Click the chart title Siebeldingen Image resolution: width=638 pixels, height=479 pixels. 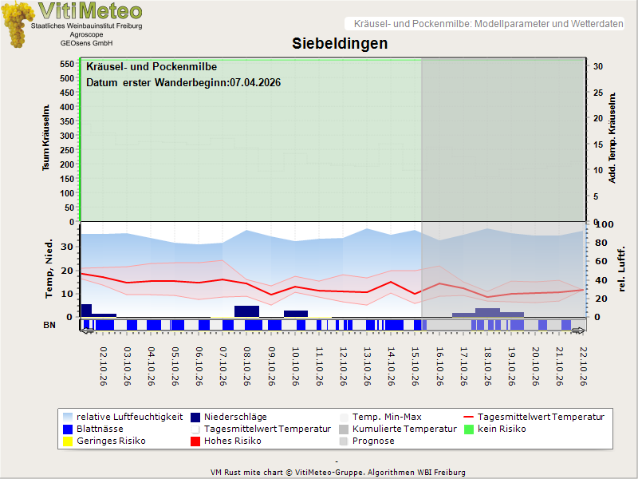click(x=340, y=44)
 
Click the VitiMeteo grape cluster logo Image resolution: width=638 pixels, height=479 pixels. click(x=17, y=24)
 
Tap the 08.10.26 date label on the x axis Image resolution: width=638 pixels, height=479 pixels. click(x=247, y=366)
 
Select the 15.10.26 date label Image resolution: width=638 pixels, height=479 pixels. click(x=415, y=366)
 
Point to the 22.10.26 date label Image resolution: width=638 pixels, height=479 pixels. click(x=584, y=366)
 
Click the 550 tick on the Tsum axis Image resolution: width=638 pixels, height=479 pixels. click(x=67, y=64)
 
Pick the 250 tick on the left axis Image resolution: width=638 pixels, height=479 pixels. click(x=67, y=150)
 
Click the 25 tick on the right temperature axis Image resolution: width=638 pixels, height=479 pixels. click(x=597, y=93)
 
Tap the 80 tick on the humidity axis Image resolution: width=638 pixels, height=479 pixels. click(x=601, y=243)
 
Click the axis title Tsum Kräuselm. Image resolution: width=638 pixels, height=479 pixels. click(x=46, y=137)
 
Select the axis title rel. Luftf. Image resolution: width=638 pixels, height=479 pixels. click(x=621, y=269)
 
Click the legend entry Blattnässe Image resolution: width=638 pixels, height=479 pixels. click(x=93, y=429)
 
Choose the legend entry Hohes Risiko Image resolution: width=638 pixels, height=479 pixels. click(x=226, y=441)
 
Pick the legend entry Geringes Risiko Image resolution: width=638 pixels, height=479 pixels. click(x=104, y=441)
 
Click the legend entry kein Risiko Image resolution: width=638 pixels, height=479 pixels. click(x=495, y=429)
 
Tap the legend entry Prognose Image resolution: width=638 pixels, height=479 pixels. click(x=367, y=441)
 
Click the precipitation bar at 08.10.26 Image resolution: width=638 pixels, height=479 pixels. click(x=246, y=311)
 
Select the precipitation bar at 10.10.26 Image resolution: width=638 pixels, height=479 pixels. click(x=296, y=314)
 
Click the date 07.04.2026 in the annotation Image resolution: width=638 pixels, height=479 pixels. click(x=255, y=83)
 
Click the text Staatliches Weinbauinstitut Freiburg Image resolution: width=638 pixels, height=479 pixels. click(x=87, y=26)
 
